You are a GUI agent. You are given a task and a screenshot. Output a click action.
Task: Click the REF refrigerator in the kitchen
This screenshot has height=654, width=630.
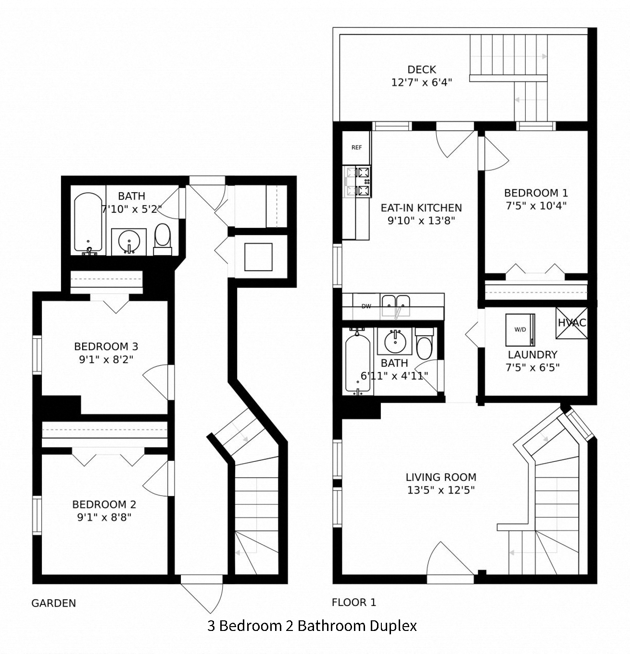click(x=356, y=148)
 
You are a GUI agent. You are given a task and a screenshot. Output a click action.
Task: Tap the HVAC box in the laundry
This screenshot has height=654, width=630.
click(x=572, y=323)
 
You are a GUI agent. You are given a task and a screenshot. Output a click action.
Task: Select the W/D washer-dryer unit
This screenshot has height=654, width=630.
click(x=520, y=330)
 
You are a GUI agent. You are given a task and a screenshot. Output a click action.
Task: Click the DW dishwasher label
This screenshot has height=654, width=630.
click(x=366, y=306)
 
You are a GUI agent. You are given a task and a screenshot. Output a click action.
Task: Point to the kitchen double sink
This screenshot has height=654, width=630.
click(x=396, y=305)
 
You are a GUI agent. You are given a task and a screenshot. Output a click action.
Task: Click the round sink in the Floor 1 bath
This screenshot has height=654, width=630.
click(x=395, y=341)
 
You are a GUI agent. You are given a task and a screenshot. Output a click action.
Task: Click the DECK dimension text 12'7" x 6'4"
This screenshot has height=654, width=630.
click(x=421, y=82)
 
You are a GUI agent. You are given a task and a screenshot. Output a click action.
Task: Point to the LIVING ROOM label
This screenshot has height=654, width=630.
click(x=441, y=477)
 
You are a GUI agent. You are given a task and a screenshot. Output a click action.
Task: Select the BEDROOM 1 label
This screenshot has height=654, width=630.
click(x=536, y=193)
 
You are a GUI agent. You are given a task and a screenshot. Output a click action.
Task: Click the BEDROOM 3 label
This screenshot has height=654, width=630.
click(x=106, y=346)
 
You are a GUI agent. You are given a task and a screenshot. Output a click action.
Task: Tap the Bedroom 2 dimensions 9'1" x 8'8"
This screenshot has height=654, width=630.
click(x=104, y=517)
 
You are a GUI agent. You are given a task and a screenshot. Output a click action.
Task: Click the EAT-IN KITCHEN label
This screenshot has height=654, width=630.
click(x=421, y=208)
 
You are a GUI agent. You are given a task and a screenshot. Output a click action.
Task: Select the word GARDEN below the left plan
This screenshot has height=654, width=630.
click(x=53, y=603)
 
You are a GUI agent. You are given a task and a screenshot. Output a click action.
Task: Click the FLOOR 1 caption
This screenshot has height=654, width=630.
click(x=354, y=602)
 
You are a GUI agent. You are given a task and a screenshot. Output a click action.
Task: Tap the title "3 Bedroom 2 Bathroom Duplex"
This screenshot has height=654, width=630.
click(x=312, y=626)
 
